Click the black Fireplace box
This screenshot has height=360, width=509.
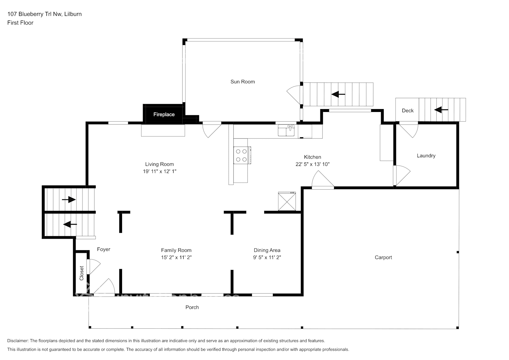[x=164, y=114]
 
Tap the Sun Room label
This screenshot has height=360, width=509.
[x=243, y=82]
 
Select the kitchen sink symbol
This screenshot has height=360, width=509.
[x=287, y=130]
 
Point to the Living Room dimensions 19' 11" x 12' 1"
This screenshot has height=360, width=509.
[x=159, y=171]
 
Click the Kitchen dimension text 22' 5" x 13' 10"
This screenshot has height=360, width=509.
[x=312, y=164]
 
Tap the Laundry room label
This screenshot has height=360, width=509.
[x=426, y=156]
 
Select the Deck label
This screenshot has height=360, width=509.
[x=407, y=111]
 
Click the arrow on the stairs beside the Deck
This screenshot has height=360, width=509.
[x=441, y=109]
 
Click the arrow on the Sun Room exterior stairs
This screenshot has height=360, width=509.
[x=338, y=94]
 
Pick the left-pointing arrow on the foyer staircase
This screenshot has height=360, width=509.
[x=70, y=224]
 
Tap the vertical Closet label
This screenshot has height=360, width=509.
[x=81, y=273]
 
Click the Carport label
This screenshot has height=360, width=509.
[x=383, y=257]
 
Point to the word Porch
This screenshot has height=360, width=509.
[x=192, y=307]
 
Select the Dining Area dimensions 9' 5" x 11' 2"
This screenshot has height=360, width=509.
[x=267, y=257]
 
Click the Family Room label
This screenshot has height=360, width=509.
[x=176, y=250]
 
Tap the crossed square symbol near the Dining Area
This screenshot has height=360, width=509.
[x=287, y=201]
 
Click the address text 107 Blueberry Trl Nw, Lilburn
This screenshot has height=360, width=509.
[x=44, y=14]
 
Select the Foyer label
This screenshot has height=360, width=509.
[x=104, y=249]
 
